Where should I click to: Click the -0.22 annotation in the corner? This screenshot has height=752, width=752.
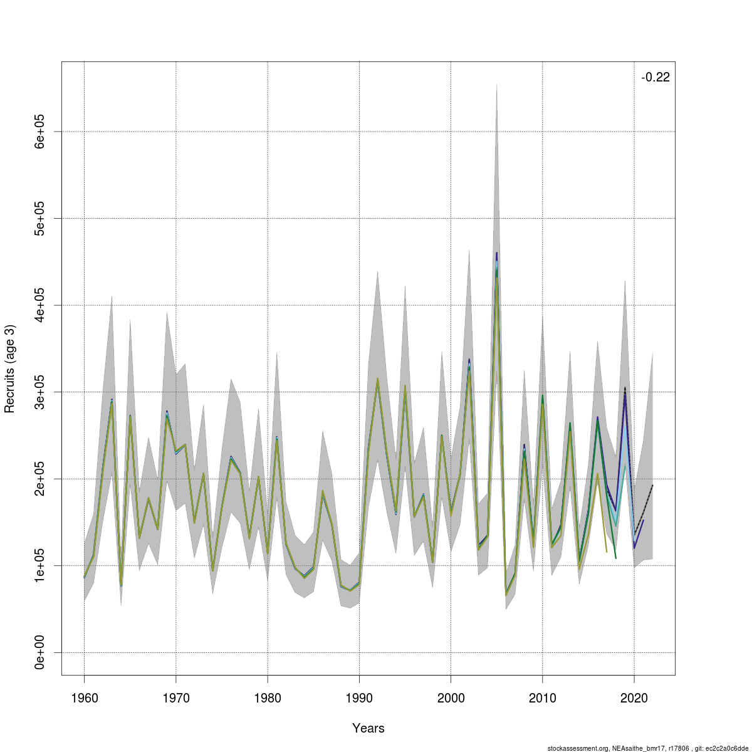pos(655,78)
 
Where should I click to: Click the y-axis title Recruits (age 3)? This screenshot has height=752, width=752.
pos(10,368)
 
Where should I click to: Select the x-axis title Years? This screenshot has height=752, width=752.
pos(368,728)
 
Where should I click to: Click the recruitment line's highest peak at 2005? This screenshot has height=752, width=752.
pos(497,254)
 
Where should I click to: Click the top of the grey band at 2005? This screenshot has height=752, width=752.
pos(497,85)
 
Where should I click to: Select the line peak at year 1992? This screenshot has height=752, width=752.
pos(377,379)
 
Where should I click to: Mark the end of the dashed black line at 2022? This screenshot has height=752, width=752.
pos(653,485)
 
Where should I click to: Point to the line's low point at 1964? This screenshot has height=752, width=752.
pos(121,585)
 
